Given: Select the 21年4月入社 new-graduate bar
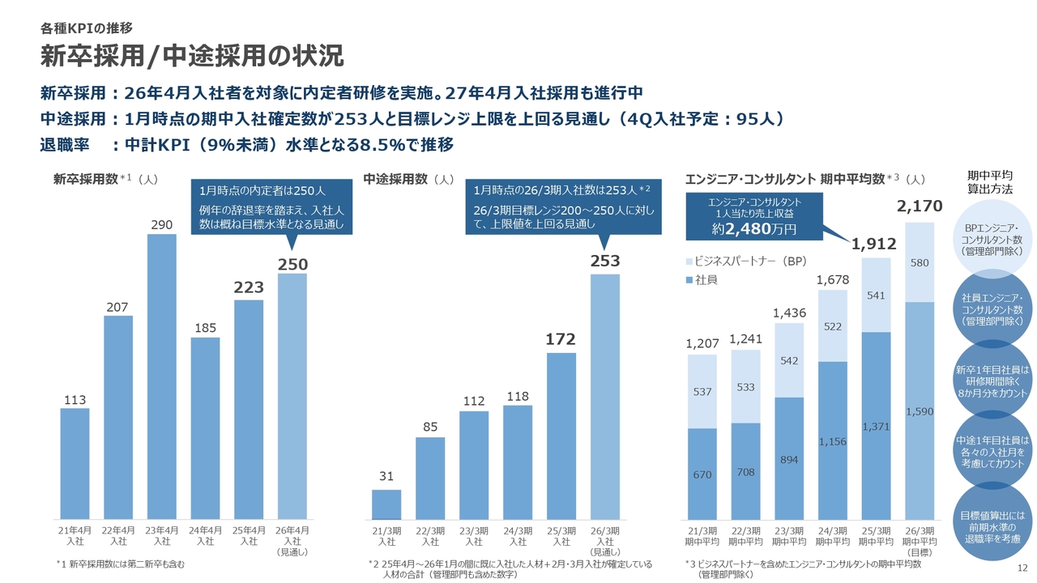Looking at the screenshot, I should coord(75,463).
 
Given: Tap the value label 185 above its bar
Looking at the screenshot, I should coord(206,328).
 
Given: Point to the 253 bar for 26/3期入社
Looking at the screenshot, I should coord(605,397).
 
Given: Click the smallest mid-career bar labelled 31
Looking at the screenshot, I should coord(386,504).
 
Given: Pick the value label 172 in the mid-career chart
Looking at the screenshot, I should coord(561,341).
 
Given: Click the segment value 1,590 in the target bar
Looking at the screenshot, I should coord(920,412).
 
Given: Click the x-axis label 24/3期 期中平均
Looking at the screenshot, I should coord(833,536).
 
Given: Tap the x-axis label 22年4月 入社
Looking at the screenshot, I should coord(118,535).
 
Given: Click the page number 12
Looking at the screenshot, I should coord(1022,568).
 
